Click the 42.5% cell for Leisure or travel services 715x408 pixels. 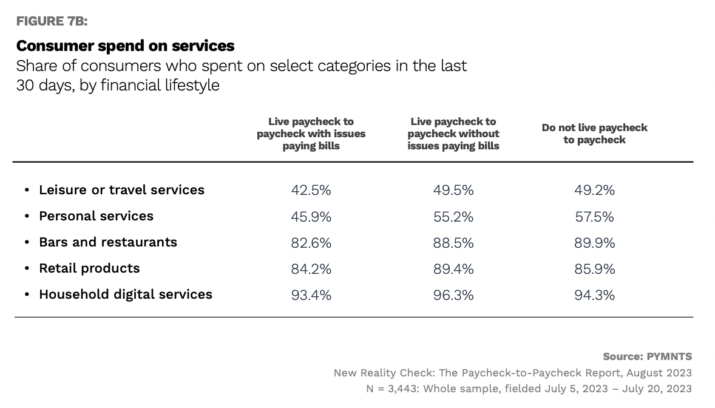(x=311, y=190)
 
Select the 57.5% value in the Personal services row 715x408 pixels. (x=594, y=216)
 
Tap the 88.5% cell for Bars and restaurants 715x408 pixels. (x=453, y=242)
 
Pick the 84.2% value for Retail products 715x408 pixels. (x=311, y=269)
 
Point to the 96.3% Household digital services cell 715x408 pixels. (x=453, y=295)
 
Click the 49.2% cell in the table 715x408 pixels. (x=594, y=190)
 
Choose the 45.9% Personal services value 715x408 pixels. (x=311, y=216)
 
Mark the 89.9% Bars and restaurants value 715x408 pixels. (x=594, y=242)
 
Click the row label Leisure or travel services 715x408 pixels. (x=122, y=190)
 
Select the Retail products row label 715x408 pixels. (x=89, y=268)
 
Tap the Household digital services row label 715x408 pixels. (x=126, y=294)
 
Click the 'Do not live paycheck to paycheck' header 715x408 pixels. (x=594, y=134)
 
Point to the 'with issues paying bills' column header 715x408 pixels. (x=311, y=134)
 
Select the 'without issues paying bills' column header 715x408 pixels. (x=453, y=134)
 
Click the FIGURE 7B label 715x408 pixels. (x=52, y=21)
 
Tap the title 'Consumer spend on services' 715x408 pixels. (x=126, y=46)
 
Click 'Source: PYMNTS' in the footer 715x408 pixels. (x=648, y=356)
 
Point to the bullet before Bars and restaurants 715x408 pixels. (x=27, y=242)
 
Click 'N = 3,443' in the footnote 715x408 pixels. (x=392, y=389)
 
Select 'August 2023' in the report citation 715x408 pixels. (x=659, y=373)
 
